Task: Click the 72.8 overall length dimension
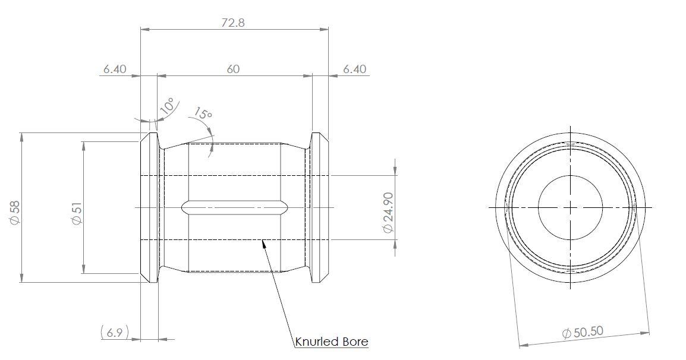[232, 23]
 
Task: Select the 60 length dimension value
[233, 69]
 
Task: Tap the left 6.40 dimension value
[115, 69]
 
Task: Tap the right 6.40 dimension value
[354, 69]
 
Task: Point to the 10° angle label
[168, 106]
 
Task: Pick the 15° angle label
[203, 113]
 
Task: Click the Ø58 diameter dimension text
[15, 212]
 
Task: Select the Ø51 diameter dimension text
[76, 212]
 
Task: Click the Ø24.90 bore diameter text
[388, 212]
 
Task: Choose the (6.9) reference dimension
[115, 332]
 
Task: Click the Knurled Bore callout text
[331, 342]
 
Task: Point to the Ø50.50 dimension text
[583, 332]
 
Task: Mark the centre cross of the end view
[570, 207]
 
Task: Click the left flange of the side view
[149, 207]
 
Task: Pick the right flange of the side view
[320, 207]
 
